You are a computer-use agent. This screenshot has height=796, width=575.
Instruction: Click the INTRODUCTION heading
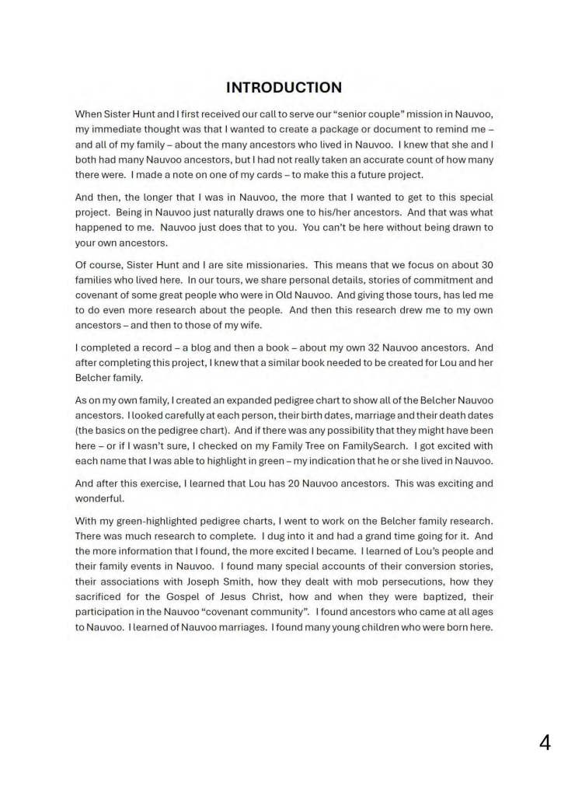point(284,88)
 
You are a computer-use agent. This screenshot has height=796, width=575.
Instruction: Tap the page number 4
point(545,743)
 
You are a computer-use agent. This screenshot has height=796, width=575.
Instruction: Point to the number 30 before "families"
point(487,265)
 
